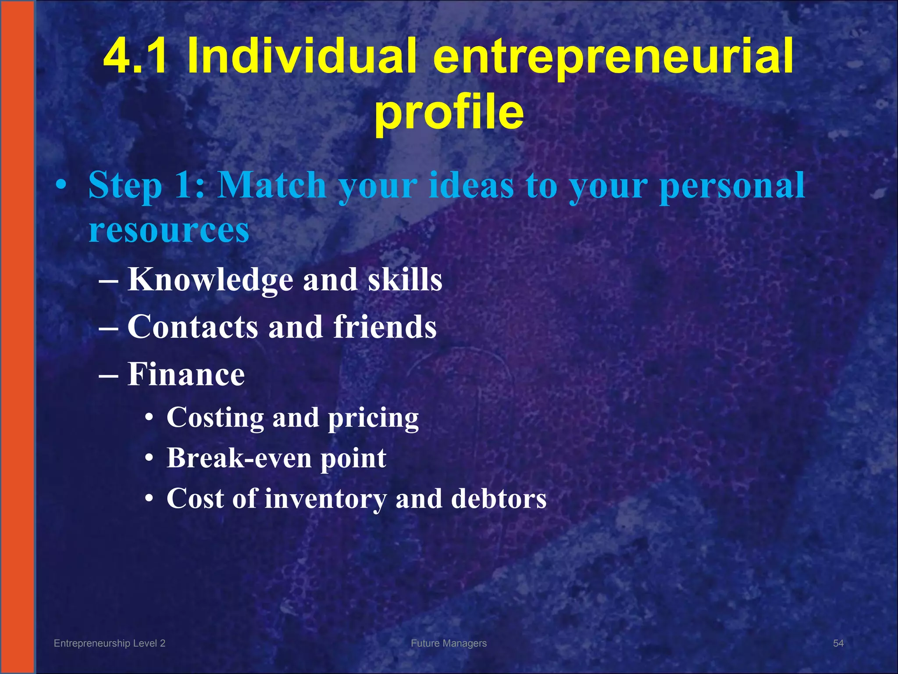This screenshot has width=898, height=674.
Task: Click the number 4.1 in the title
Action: pyautogui.click(x=135, y=56)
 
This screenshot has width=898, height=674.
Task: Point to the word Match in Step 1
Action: pyautogui.click(x=272, y=185)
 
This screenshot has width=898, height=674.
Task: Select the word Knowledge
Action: pyautogui.click(x=210, y=280)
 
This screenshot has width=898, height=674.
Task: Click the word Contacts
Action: pyautogui.click(x=192, y=327)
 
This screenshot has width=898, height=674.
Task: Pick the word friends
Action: pyautogui.click(x=385, y=327)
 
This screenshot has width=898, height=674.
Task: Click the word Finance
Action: pyautogui.click(x=186, y=374)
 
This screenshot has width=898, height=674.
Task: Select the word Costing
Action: pyautogui.click(x=215, y=418)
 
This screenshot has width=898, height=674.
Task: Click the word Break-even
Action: pyautogui.click(x=239, y=458)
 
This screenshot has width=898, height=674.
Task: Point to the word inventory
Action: pyautogui.click(x=326, y=499)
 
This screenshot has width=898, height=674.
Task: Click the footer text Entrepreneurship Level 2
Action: pyautogui.click(x=110, y=643)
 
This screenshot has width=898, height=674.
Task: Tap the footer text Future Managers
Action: pyautogui.click(x=449, y=643)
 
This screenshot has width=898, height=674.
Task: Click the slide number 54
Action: pyautogui.click(x=838, y=643)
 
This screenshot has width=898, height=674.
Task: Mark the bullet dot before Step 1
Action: pyautogui.click(x=61, y=186)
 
